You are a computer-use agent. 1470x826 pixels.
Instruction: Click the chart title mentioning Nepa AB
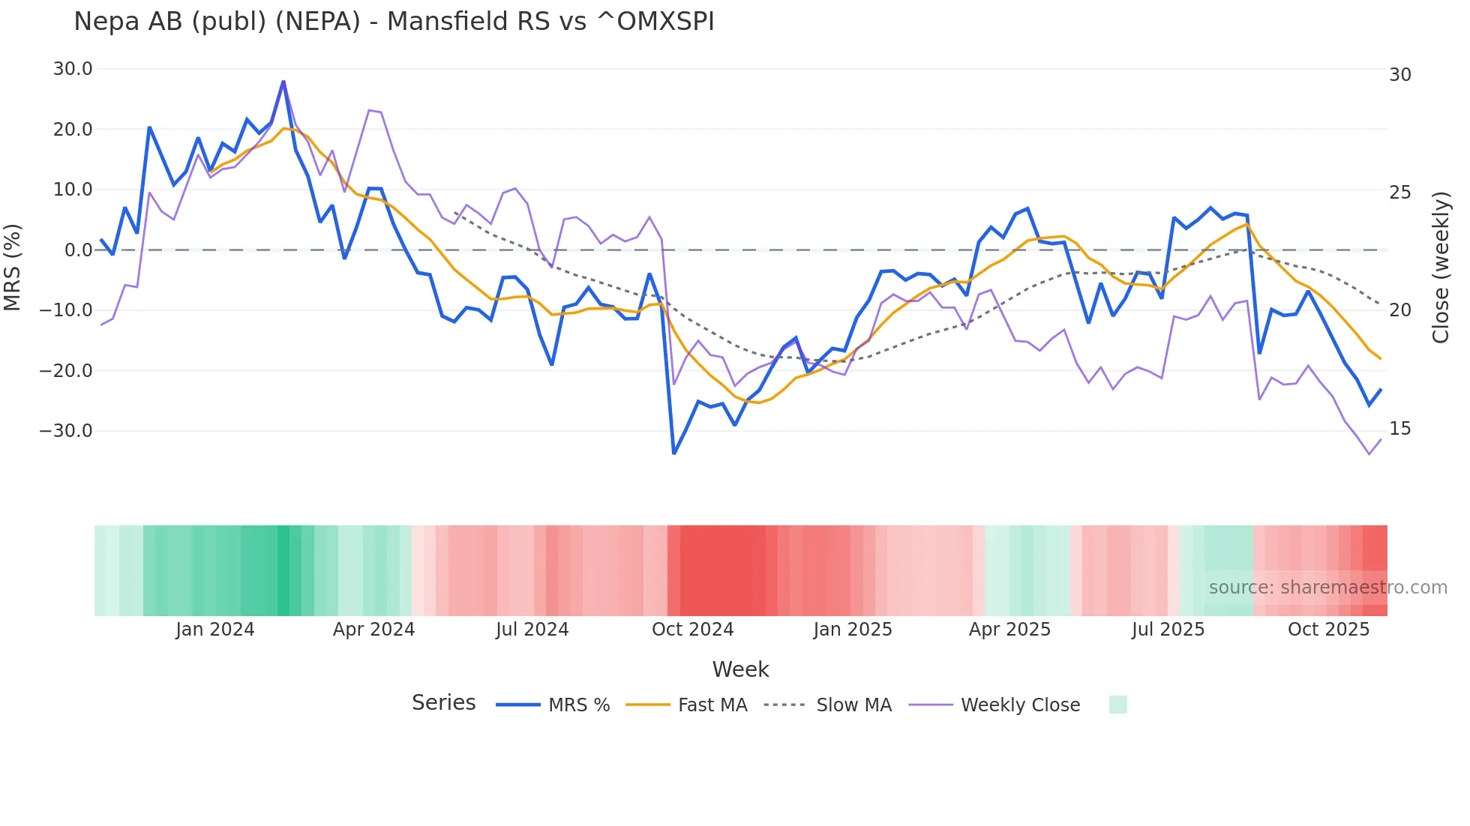point(394,21)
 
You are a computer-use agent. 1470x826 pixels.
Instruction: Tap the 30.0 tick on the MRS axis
point(73,69)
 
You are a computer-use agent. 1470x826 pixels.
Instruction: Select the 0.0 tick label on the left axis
point(78,250)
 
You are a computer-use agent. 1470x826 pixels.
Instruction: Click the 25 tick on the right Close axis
point(1400,193)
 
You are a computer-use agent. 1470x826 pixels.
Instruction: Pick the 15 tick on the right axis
point(1400,429)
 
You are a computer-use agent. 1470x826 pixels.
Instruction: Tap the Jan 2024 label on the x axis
point(215,630)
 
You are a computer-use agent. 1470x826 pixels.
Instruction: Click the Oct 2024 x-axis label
point(692,630)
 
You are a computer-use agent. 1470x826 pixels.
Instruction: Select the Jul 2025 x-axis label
point(1168,630)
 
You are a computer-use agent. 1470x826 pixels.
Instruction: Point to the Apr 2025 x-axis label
point(1009,630)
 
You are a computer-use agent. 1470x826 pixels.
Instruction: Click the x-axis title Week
point(740,669)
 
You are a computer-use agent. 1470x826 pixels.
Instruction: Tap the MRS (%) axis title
point(12,267)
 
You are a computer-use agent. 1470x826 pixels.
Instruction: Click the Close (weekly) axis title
point(1441,268)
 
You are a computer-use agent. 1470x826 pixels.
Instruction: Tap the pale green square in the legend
point(1117,705)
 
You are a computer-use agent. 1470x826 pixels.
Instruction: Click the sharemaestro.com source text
point(1327,588)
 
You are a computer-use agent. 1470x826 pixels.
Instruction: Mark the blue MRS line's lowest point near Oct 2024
point(674,453)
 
